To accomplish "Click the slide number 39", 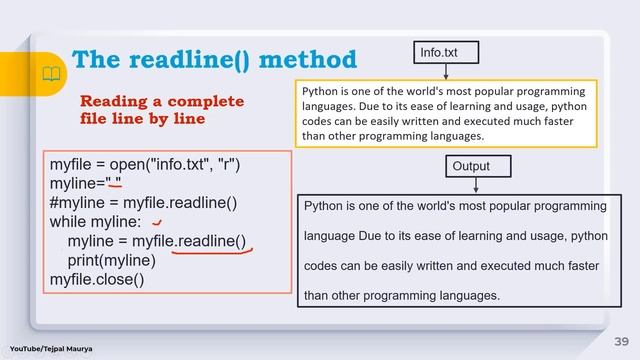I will [620, 340].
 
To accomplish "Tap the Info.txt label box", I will [446, 51].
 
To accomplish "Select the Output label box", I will [476, 165].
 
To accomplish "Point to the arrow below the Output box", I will [476, 185].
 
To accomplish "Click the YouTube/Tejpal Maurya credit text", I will [52, 348].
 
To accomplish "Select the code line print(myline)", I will [112, 260].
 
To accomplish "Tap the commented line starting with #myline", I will [143, 203].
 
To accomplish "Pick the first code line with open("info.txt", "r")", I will [145, 164].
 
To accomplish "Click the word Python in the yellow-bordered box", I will [320, 90].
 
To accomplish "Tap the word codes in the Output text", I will [321, 267].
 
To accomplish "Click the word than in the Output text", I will [317, 296].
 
